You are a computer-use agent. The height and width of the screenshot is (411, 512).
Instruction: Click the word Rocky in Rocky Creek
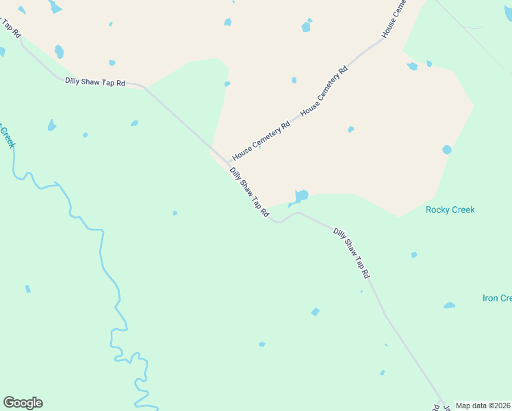click(437, 210)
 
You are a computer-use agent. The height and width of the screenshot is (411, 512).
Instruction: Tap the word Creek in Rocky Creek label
click(463, 210)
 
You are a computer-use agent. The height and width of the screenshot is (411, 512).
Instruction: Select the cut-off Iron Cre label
click(497, 298)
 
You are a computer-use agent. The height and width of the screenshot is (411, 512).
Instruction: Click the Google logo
click(23, 403)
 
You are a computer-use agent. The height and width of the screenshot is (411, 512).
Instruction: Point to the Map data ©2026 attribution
click(483, 406)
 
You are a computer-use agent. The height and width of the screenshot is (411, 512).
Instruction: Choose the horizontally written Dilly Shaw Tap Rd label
click(95, 82)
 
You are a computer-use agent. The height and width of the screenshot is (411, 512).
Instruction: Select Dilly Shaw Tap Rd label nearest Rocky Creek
click(351, 253)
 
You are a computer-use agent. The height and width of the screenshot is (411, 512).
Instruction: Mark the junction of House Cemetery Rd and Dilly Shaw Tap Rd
click(229, 162)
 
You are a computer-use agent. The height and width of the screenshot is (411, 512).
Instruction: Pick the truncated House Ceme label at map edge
click(394, 18)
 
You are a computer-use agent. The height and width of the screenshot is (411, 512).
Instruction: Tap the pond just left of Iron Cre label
click(449, 305)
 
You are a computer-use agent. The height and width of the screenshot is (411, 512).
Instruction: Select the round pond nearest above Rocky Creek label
click(447, 149)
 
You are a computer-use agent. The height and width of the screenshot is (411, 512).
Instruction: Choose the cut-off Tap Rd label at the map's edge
click(9, 28)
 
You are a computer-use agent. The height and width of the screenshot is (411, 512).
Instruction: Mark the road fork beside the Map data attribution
click(442, 402)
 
